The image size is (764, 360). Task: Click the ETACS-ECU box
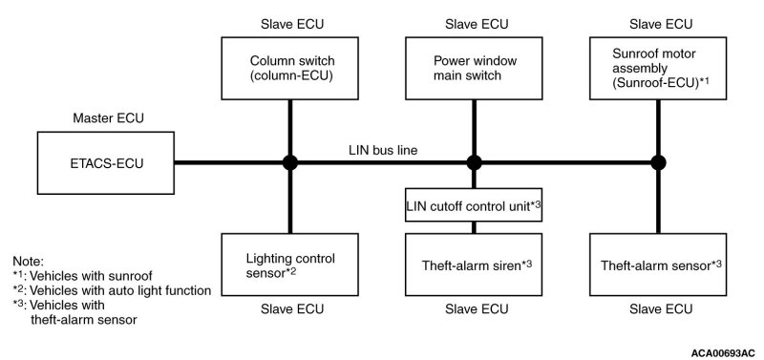[x=106, y=162]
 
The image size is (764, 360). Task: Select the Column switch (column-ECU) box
[x=290, y=68]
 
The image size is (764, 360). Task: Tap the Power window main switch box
[x=474, y=68]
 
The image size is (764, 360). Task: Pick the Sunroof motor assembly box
[x=658, y=68]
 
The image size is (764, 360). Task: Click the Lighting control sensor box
[x=290, y=265]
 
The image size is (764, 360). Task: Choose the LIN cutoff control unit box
[x=474, y=204]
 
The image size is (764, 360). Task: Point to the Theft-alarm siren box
[x=474, y=265]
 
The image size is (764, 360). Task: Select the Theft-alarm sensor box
[x=658, y=265]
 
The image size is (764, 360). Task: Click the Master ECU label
[x=109, y=117]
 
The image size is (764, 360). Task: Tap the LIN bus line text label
[x=383, y=151]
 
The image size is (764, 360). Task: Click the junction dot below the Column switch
[x=290, y=162]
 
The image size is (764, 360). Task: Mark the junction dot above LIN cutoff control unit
[x=474, y=162]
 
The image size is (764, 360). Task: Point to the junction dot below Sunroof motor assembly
[x=658, y=162]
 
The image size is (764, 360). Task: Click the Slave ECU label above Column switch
[x=292, y=24]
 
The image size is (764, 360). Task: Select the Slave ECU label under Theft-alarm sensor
[x=661, y=308]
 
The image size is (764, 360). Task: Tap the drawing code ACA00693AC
[x=723, y=352]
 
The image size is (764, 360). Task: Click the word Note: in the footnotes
[x=29, y=261]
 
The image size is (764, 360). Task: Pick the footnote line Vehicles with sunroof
[x=82, y=276]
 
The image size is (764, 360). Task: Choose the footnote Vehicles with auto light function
[x=112, y=291]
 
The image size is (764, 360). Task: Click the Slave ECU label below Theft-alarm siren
[x=477, y=308]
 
